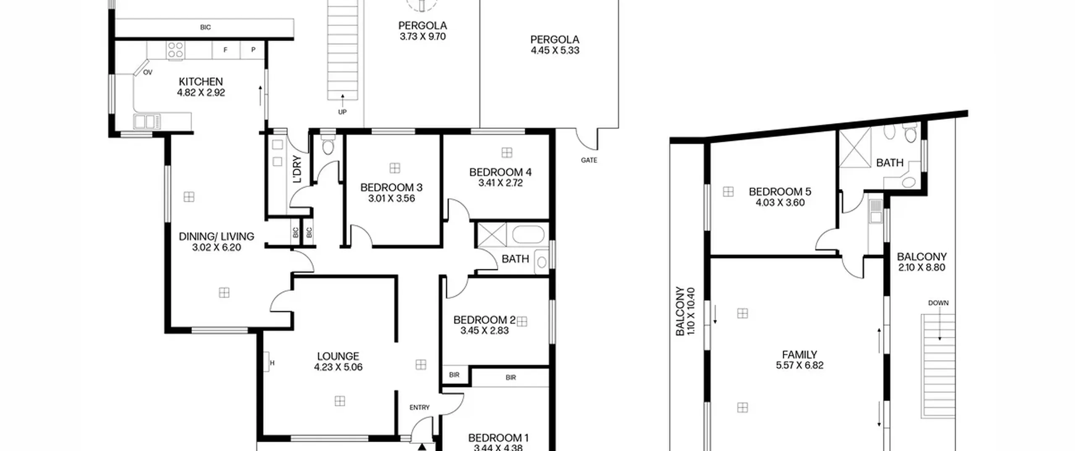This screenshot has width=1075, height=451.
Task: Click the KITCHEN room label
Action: coord(201,81)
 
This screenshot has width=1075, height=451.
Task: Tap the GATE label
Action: coord(589,160)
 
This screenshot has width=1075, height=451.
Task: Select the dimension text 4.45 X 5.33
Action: coord(555,50)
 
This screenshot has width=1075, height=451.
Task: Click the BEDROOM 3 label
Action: coord(391,188)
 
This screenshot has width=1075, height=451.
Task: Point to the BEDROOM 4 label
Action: coord(500,172)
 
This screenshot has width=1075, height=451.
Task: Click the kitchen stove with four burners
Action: coord(176,50)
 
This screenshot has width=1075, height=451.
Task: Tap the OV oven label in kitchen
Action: coord(147,73)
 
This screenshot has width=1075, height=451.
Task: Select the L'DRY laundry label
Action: coord(297,169)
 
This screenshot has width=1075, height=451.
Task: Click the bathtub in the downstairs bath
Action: coord(528,235)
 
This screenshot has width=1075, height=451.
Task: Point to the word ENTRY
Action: coord(420,407)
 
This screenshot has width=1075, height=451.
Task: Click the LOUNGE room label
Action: coord(338,356)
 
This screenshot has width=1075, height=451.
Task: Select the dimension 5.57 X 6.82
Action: coord(800,365)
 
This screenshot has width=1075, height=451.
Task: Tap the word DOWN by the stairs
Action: coord(938,303)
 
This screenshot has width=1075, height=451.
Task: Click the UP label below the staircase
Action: coord(342,112)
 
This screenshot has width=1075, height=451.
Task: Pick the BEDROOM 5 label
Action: coord(780,192)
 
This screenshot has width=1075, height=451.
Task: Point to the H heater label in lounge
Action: coord(272,363)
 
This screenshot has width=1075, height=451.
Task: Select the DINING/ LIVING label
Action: coord(216,237)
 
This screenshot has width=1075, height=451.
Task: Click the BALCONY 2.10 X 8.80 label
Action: coord(922,262)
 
